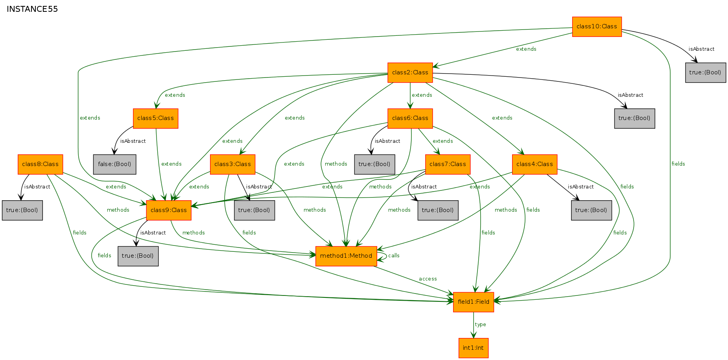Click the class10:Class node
597,27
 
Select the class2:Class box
410,73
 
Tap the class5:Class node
155,118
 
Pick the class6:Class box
410,118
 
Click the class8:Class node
40,164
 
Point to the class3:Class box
232,164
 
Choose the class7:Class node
448,164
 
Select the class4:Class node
534,164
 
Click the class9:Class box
168,210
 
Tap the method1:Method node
346,256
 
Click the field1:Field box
474,302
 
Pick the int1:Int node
474,348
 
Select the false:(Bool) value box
114,164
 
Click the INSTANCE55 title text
32,9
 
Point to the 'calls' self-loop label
394,256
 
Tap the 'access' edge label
428,279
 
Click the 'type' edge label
480,325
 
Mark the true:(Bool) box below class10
705,73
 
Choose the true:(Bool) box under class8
22,210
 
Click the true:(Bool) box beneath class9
138,256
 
